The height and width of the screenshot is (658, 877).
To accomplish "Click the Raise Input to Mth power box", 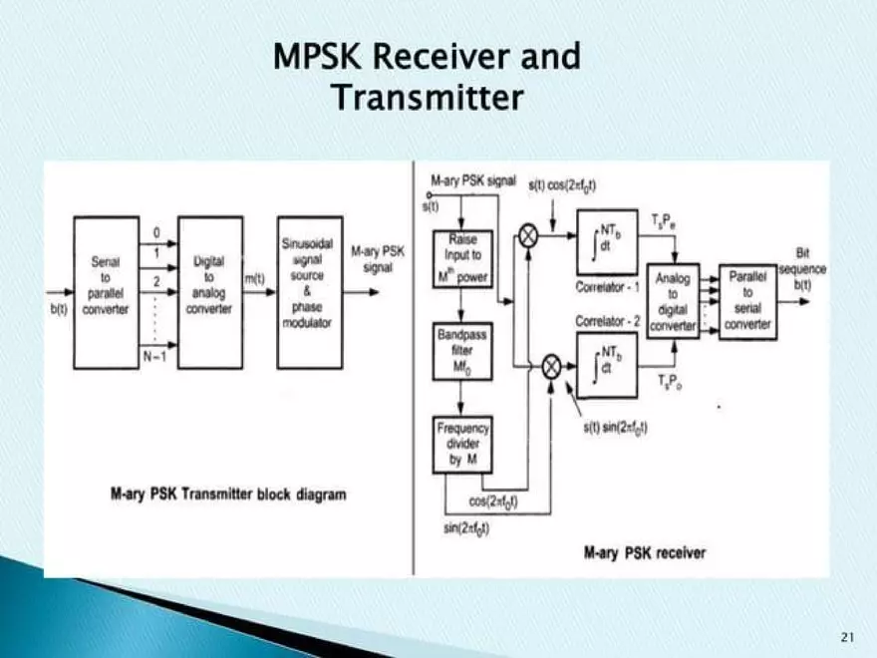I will click(461, 258).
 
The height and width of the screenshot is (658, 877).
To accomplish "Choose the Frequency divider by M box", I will click(461, 444).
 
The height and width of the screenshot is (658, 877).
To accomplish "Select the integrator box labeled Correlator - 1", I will click(606, 243).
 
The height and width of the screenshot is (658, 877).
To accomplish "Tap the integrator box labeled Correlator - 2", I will click(606, 366).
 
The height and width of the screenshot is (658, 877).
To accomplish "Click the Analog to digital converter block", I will click(673, 301).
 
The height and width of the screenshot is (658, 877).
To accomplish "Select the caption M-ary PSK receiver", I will click(644, 551).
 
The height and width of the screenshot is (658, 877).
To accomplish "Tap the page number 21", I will click(848, 636).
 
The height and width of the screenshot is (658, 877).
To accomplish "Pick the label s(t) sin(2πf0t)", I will click(615, 428).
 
